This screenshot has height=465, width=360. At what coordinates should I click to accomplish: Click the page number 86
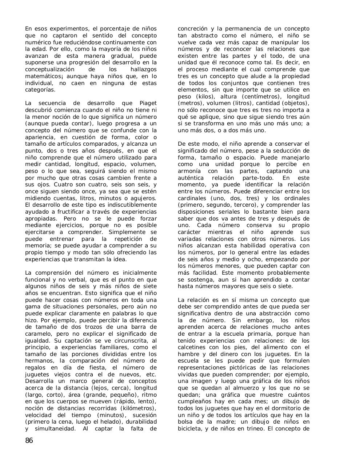pyautogui.click(x=29, y=441)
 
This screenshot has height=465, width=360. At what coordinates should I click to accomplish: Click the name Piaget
pyautogui.click(x=148, y=103)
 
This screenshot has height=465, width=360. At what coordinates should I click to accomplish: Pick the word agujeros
pyautogui.click(x=144, y=198)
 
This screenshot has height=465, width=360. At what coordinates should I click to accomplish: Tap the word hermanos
pyautogui.click(x=38, y=361)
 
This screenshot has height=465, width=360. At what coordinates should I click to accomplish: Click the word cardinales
pyautogui.click(x=192, y=198)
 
